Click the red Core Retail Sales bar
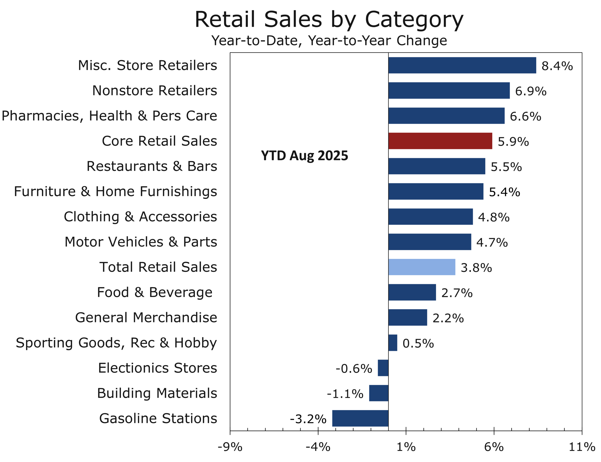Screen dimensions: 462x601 (440, 141)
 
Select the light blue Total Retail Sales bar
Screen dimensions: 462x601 (421, 267)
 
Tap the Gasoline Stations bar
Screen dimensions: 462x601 (360, 418)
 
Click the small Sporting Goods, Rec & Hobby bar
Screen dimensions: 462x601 (393, 343)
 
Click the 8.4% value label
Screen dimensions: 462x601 (557, 66)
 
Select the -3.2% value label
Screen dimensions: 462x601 (308, 419)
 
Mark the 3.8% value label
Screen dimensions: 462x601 (476, 268)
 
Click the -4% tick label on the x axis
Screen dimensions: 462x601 (318, 447)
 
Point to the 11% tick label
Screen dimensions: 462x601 (582, 447)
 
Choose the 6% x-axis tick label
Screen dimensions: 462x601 (494, 447)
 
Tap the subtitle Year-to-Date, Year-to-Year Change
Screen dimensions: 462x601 (329, 40)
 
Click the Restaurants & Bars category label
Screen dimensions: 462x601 (152, 166)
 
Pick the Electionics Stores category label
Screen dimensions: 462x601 (157, 368)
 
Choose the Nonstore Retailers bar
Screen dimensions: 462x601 (449, 90)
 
